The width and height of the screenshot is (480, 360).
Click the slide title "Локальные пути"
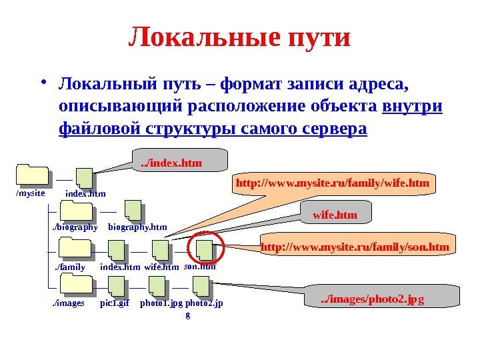coord(239,37)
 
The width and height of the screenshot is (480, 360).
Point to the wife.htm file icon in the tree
coord(162,250)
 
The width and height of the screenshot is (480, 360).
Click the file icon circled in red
coord(205,250)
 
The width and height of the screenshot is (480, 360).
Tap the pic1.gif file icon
coord(118,287)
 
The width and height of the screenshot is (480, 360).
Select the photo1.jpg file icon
coord(159,287)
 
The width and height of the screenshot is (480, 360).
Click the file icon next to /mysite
coord(85,178)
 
